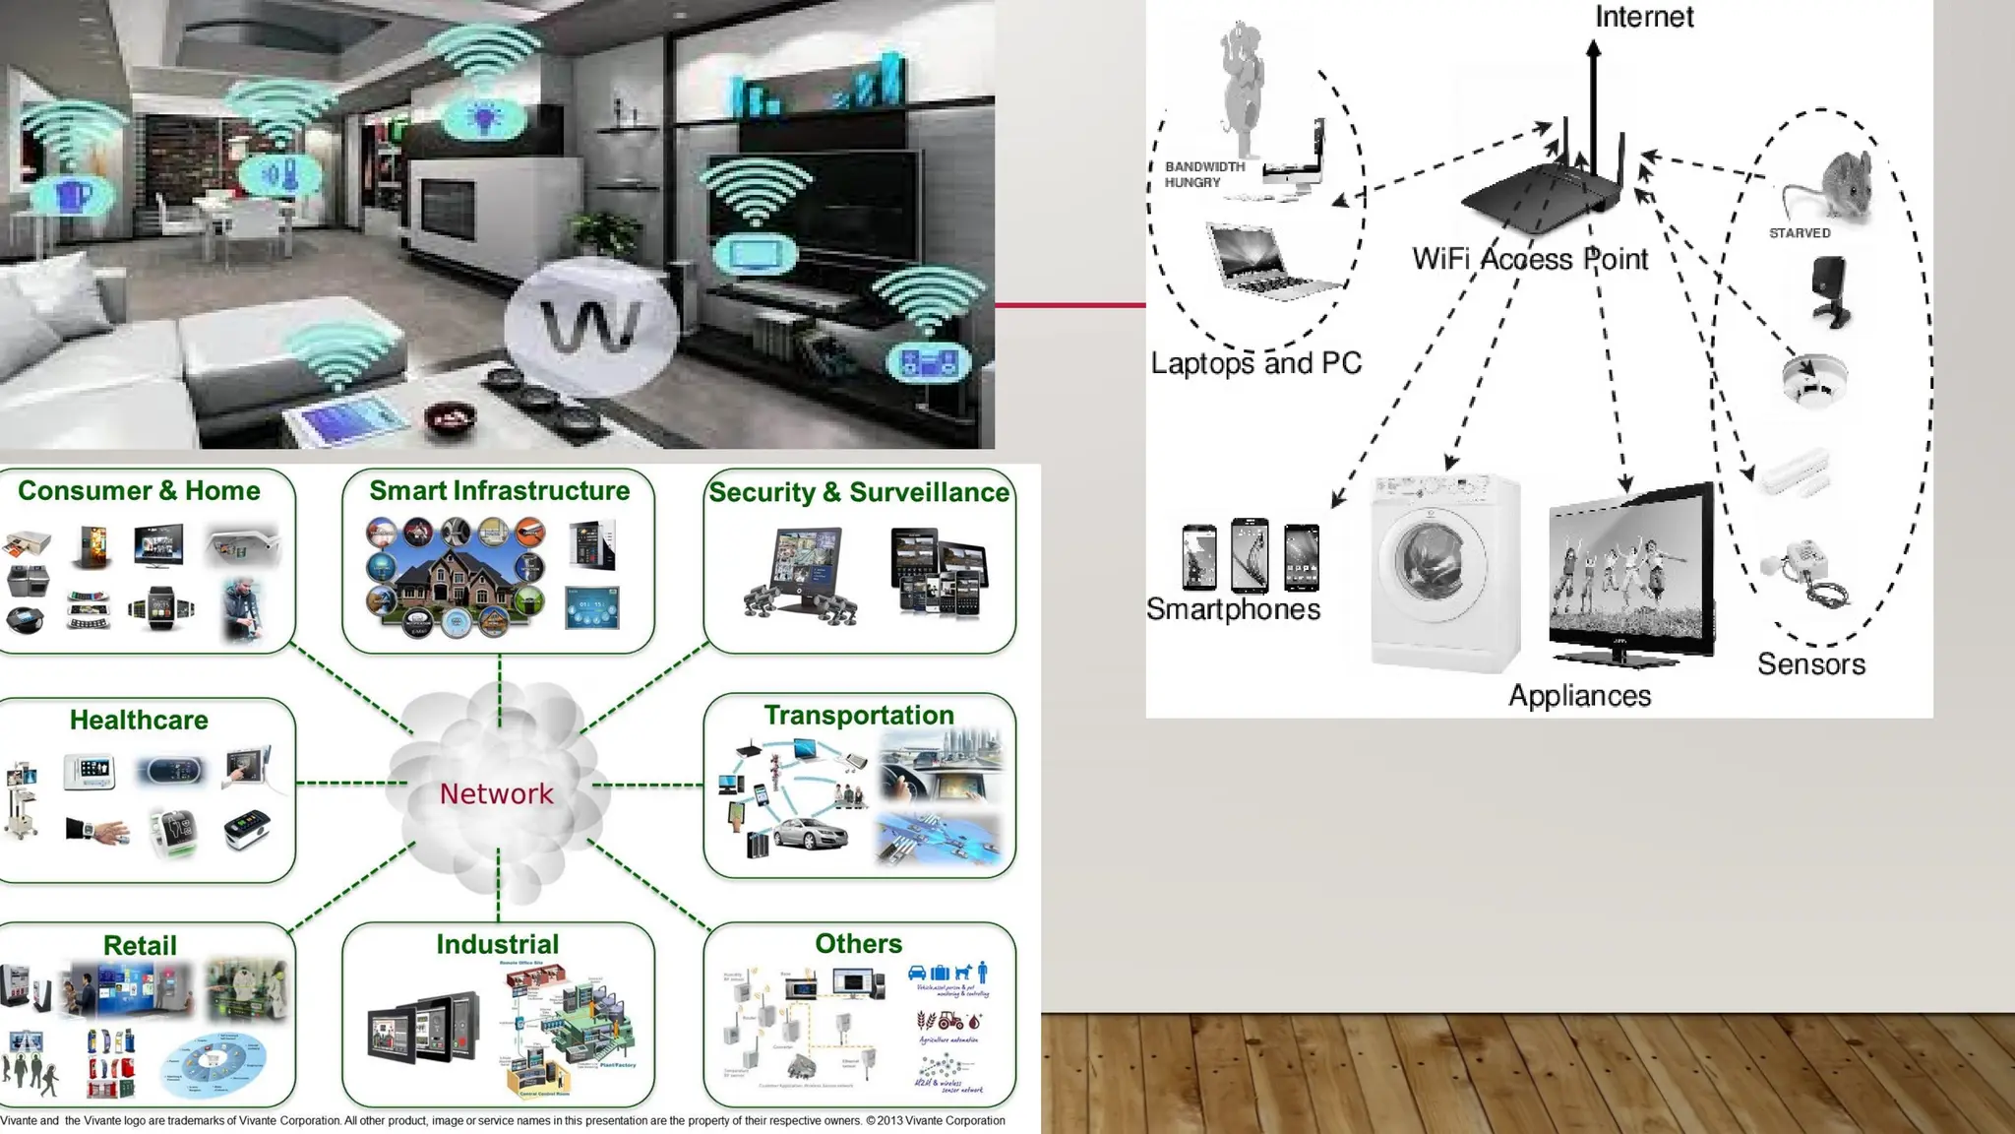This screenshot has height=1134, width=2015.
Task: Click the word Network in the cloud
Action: (x=496, y=793)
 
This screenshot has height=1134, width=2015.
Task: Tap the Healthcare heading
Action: (x=139, y=720)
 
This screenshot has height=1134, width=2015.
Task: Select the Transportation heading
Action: (x=859, y=715)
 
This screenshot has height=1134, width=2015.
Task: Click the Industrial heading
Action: (x=497, y=944)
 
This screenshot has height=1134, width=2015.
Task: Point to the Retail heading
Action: (x=140, y=945)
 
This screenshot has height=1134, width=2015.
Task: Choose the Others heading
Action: (x=858, y=943)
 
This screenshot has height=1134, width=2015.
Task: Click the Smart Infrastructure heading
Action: (x=499, y=490)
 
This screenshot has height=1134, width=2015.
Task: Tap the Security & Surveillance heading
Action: (x=859, y=492)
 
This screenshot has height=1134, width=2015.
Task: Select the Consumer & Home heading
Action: (x=139, y=490)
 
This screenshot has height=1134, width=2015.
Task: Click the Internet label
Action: (x=1643, y=17)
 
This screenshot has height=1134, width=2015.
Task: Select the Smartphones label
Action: (x=1233, y=609)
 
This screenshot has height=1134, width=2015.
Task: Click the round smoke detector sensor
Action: (x=1813, y=379)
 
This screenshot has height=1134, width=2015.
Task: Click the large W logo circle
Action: (x=591, y=326)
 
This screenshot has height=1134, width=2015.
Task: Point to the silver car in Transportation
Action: (x=810, y=834)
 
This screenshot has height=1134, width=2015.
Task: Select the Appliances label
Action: (x=1579, y=696)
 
